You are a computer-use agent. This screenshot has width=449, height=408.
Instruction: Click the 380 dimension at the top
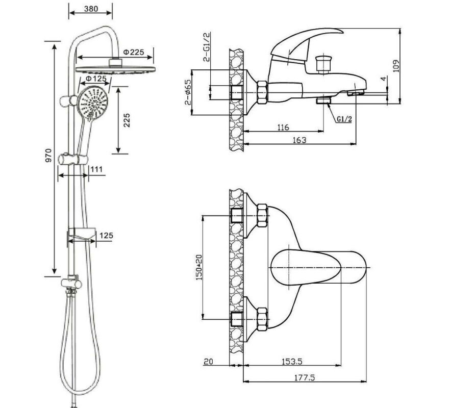point(91,9)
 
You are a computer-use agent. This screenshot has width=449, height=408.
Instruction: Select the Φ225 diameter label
point(134,52)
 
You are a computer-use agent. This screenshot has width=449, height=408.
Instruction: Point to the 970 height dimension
point(49,155)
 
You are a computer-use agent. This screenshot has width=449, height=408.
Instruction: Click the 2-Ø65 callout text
point(188,92)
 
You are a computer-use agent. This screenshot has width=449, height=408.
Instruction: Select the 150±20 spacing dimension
point(199,267)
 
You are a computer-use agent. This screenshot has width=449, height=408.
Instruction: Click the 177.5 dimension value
point(305,377)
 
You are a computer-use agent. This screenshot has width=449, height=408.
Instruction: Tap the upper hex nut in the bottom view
point(261,215)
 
